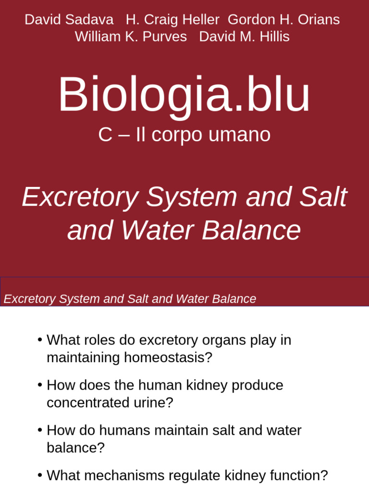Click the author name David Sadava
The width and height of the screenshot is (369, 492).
click(x=69, y=20)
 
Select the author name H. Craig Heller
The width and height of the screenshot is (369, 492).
click(x=172, y=20)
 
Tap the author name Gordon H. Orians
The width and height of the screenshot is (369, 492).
click(x=283, y=20)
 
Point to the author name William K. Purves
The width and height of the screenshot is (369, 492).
click(x=131, y=37)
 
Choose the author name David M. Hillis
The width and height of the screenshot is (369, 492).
click(x=244, y=37)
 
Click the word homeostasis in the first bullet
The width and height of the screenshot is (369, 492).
click(x=168, y=358)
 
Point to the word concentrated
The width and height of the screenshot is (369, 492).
click(x=89, y=403)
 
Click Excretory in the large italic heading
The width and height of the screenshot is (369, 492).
click(x=81, y=197)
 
